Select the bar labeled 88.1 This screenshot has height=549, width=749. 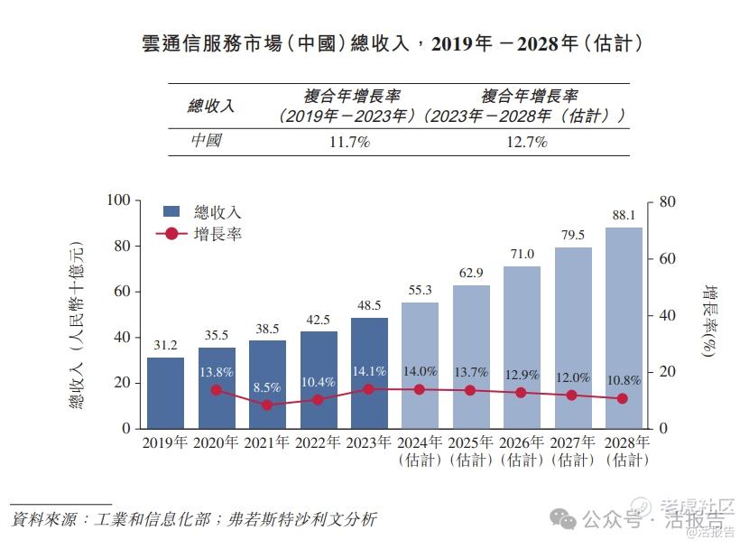[x=624, y=327]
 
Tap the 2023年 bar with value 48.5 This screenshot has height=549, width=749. [x=369, y=372]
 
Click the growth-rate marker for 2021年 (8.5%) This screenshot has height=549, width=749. [x=267, y=405]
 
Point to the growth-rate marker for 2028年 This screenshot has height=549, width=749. [x=624, y=398]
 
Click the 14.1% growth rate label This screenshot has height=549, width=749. [x=369, y=371]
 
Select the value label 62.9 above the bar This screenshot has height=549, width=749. [x=471, y=273]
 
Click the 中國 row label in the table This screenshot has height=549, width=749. [x=206, y=142]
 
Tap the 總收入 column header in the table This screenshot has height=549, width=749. [x=210, y=107]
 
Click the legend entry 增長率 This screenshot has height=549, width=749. [x=217, y=234]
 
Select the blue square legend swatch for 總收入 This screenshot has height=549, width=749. [x=171, y=211]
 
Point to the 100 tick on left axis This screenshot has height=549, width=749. [x=119, y=200]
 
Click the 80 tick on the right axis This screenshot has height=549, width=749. [x=668, y=201]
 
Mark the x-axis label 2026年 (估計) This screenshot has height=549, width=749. [x=522, y=451]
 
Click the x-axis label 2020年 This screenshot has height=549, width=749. [x=217, y=442]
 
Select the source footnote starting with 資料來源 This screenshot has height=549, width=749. [x=194, y=520]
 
